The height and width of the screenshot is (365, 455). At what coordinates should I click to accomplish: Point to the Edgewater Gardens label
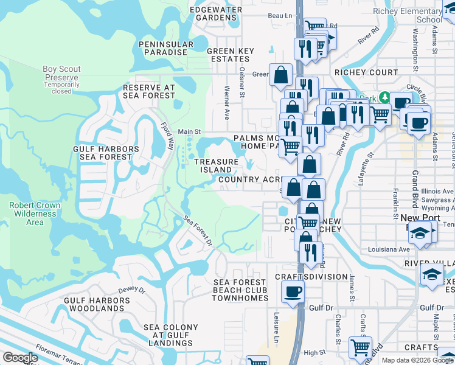click(216, 13)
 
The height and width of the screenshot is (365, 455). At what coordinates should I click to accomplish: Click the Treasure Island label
click(216, 165)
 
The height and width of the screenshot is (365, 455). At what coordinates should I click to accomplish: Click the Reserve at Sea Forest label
click(149, 91)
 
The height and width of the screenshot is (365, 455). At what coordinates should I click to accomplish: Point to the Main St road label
click(189, 131)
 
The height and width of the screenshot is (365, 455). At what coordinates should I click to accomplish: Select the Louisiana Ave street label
click(389, 250)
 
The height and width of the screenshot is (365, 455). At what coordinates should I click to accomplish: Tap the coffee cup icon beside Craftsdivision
click(293, 291)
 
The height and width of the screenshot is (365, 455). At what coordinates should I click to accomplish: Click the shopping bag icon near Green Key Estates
click(281, 75)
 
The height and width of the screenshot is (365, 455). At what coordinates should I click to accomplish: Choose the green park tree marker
click(384, 97)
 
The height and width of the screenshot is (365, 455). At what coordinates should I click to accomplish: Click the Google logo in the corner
click(20, 357)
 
